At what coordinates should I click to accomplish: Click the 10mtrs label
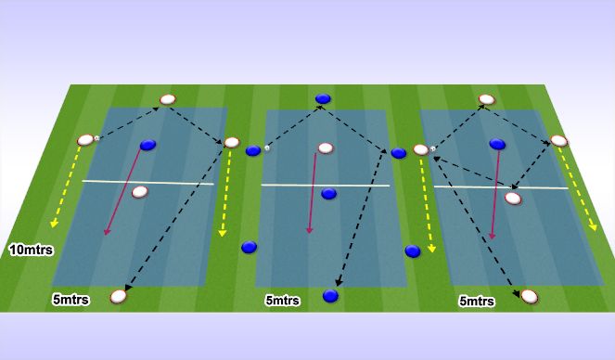31,250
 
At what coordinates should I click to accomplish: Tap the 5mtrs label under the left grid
70,299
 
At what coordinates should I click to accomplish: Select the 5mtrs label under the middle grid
282,301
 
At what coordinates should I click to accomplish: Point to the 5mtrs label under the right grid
477,301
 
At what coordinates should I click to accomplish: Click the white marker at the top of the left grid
168,99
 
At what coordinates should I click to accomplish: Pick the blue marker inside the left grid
147,145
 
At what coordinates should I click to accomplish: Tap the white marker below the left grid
119,296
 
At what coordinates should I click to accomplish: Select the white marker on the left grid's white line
140,192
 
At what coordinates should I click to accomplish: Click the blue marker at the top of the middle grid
323,98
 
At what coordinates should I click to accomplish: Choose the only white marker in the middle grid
325,148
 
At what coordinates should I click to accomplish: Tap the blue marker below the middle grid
329,296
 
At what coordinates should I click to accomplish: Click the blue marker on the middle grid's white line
328,193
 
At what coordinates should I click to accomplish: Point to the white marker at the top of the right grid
486,99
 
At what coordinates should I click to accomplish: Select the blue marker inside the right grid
498,144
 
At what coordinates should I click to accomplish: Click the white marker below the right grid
529,296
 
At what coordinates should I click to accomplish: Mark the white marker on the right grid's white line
513,197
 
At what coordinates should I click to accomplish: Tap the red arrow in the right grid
497,196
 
